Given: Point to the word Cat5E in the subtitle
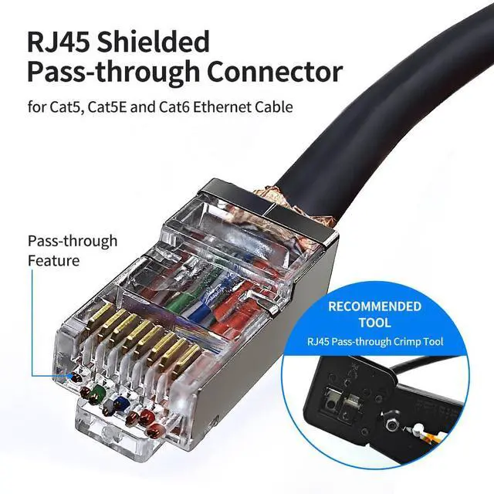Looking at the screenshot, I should pyautogui.click(x=120, y=107).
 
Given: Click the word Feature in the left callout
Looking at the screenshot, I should pyautogui.click(x=53, y=261).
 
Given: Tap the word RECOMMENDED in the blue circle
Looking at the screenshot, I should pyautogui.click(x=374, y=306).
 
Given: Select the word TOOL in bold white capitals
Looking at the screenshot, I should pyautogui.click(x=374, y=323).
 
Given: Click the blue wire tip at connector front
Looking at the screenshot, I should pyautogui.click(x=117, y=402).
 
